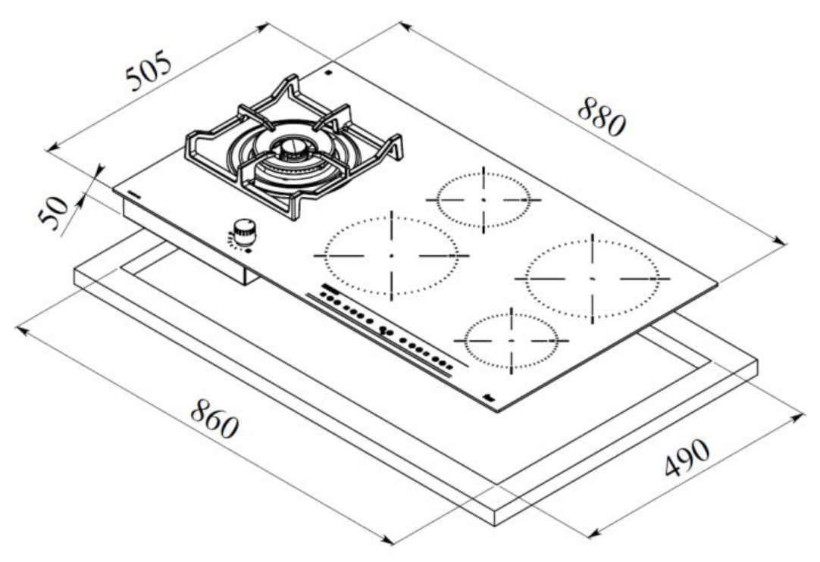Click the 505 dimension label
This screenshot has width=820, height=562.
[x=149, y=70]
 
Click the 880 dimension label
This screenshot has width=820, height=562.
[x=602, y=117]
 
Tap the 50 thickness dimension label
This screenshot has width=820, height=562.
[x=53, y=212]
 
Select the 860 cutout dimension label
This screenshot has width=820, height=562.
[x=214, y=418]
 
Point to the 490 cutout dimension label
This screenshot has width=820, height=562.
[x=687, y=457]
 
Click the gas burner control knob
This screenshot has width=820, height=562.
[x=244, y=232]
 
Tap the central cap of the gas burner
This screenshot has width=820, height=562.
[x=291, y=148]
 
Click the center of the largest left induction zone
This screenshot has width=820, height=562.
[x=391, y=256]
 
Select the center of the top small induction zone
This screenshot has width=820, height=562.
[x=484, y=200]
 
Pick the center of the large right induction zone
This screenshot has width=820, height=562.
[x=592, y=279]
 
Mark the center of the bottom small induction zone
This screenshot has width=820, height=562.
[x=511, y=341]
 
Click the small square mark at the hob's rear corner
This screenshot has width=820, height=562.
[x=328, y=73]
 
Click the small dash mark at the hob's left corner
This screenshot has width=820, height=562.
[x=134, y=194]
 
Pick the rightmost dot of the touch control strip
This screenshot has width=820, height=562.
[x=449, y=367]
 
